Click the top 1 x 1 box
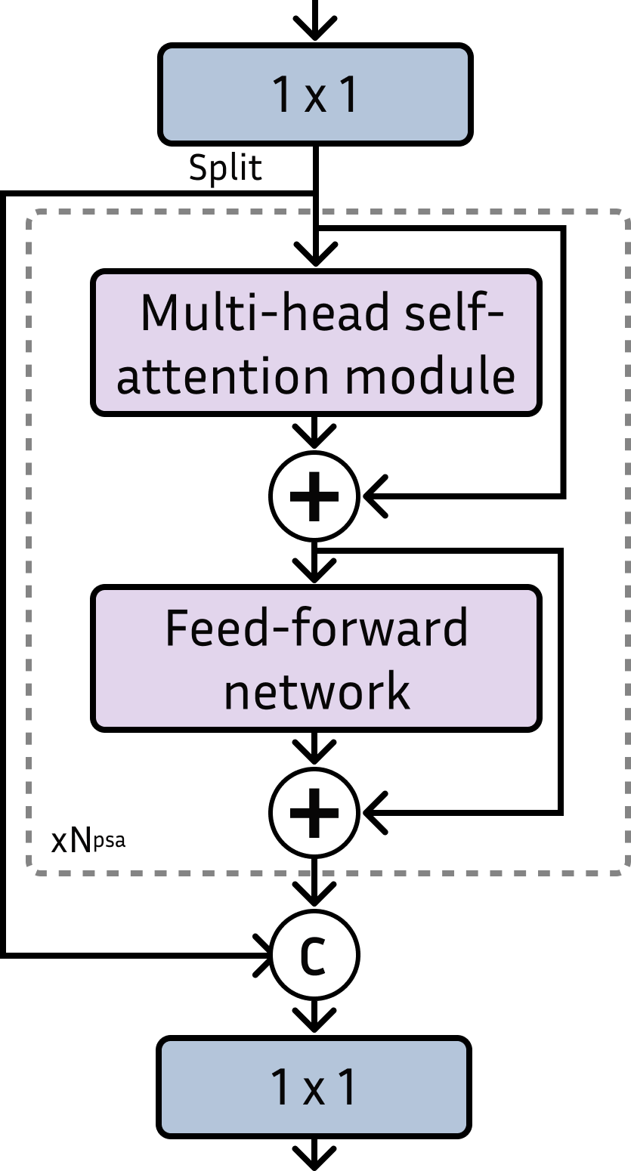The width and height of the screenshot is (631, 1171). click(315, 94)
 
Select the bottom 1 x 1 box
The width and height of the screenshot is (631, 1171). click(314, 1087)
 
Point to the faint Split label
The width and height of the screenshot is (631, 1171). click(225, 168)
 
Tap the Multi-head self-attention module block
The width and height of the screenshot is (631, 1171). click(316, 342)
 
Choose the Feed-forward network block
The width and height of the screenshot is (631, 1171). click(316, 658)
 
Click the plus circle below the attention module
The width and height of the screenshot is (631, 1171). click(314, 497)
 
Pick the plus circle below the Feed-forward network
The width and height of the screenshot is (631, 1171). click(314, 813)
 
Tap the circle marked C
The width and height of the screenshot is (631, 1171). click(314, 956)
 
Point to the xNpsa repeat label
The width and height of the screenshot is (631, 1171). click(88, 841)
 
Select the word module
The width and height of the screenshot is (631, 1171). click(431, 375)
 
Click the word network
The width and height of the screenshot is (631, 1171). click(317, 690)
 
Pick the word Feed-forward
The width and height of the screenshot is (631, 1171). click(317, 627)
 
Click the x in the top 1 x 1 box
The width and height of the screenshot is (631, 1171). click(314, 99)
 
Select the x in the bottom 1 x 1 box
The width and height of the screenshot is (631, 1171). click(314, 1092)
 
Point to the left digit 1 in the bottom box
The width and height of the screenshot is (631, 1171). click(280, 1088)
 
